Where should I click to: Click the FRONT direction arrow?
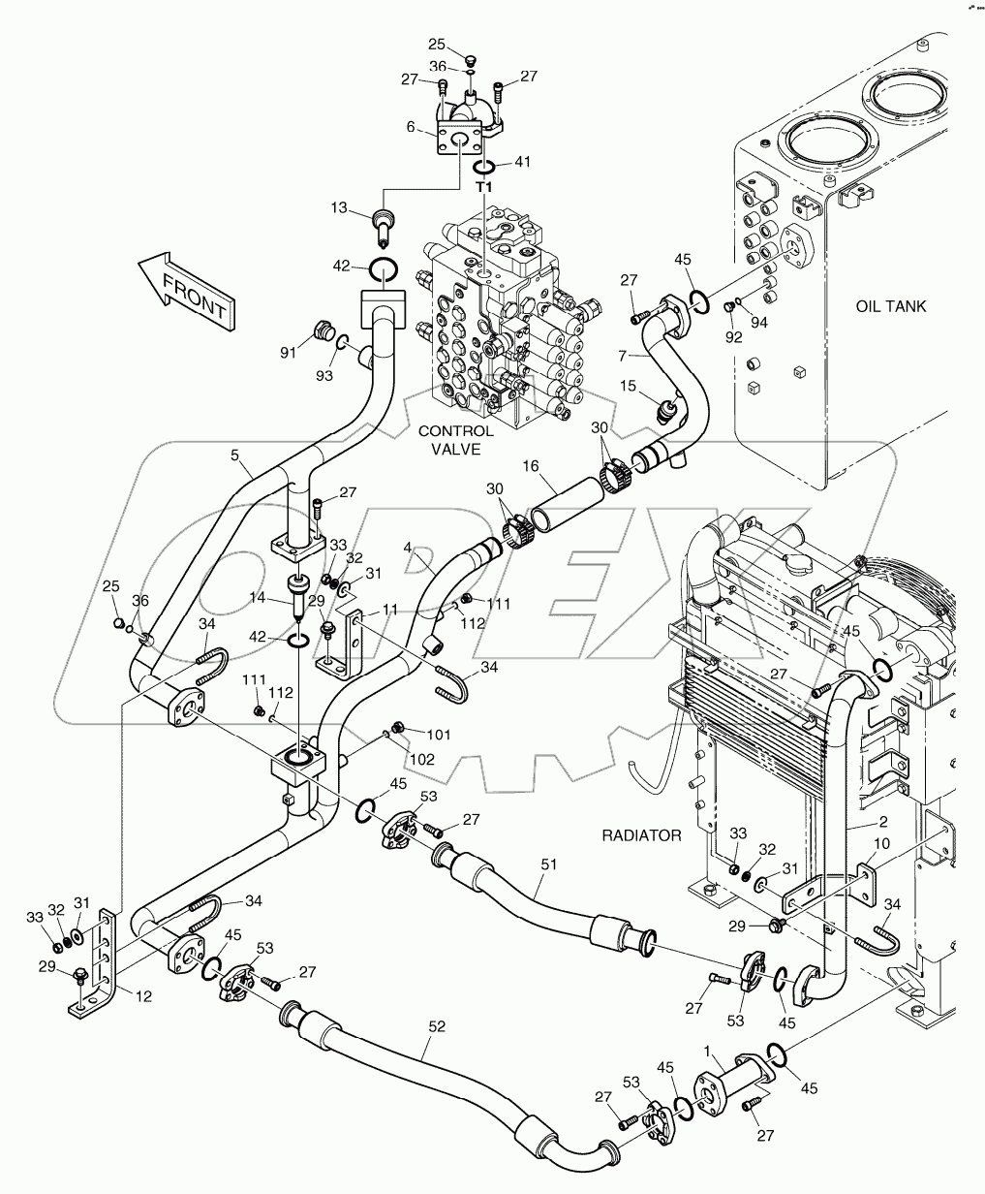184,288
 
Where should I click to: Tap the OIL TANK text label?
890,306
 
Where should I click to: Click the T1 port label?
483,186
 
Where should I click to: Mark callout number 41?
524,164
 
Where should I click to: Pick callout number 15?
629,386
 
